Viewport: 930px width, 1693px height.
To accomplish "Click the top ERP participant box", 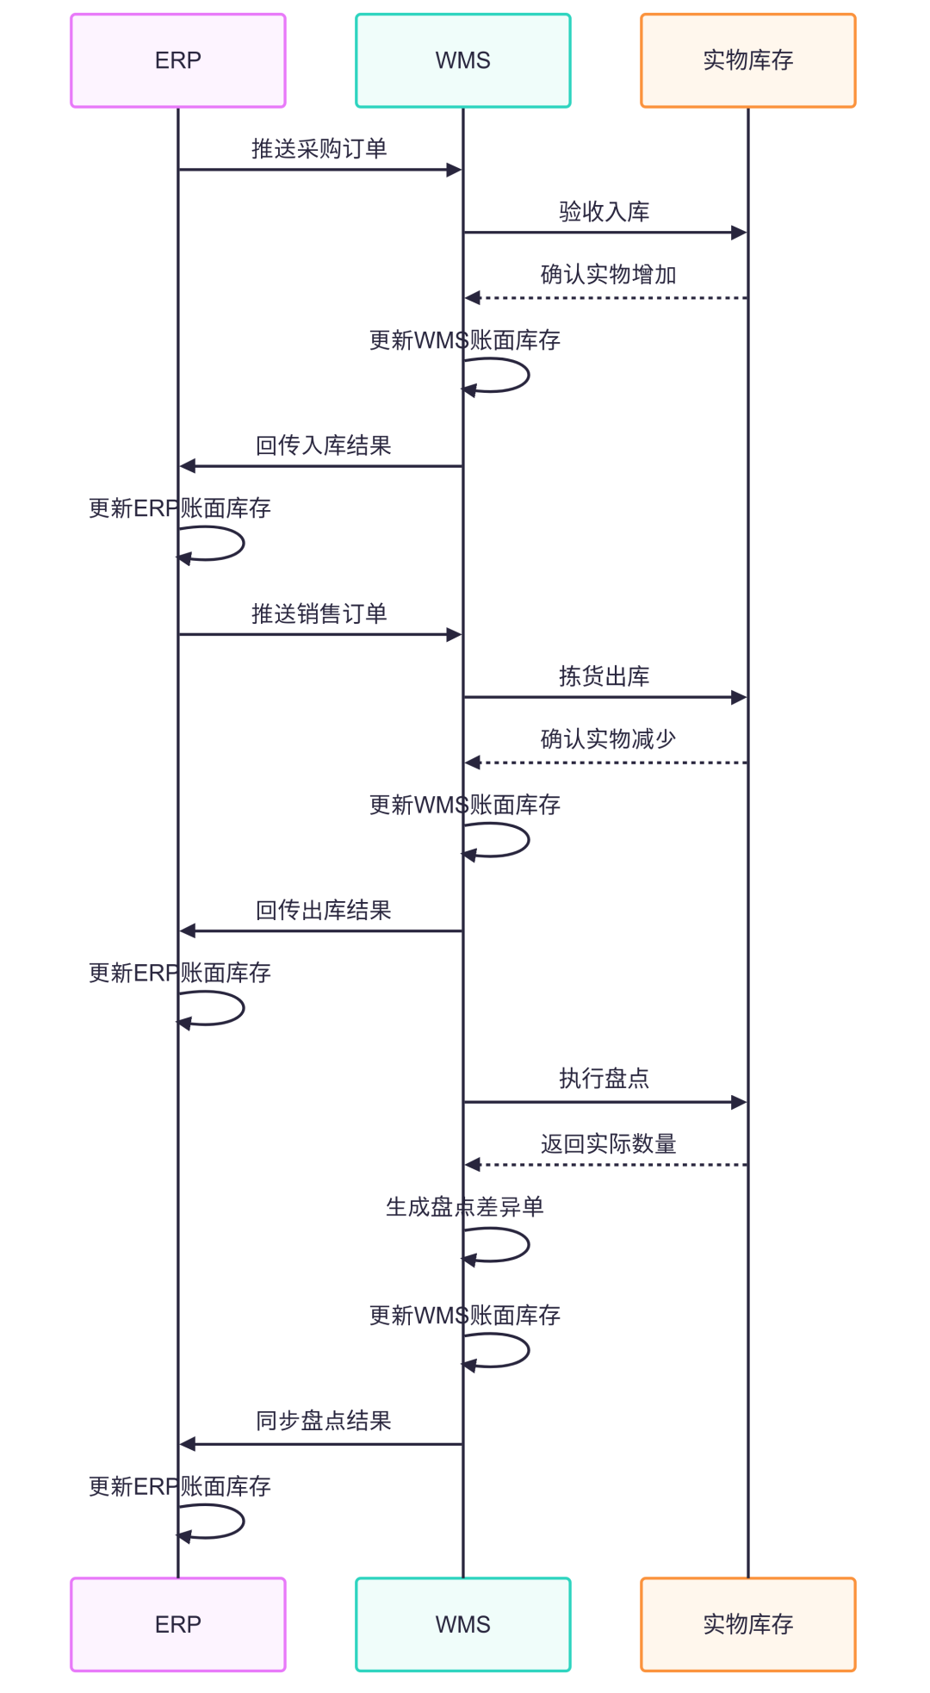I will pos(178,60).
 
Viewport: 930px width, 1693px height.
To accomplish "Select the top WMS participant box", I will pos(463,60).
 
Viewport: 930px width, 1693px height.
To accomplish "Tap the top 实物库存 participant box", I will pos(747,60).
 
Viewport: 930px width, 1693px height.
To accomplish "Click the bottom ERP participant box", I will pos(178,1624).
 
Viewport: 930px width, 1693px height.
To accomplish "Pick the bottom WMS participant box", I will pos(463,1624).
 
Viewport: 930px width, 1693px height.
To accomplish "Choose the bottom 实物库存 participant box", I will pos(747,1624).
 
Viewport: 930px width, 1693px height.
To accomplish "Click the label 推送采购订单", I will pos(319,149).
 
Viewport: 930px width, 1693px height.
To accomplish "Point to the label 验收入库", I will pos(604,212).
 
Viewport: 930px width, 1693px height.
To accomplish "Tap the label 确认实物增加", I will pos(608,275).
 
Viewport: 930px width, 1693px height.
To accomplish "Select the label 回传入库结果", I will pos(324,445).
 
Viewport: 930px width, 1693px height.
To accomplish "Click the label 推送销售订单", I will pos(319,614).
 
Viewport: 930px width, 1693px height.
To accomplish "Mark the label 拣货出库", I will pos(604,676).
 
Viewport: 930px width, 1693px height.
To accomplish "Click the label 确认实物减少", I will pos(608,739).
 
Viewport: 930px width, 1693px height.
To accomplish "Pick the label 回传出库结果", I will pos(324,911).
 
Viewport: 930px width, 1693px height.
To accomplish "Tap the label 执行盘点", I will pos(604,1079).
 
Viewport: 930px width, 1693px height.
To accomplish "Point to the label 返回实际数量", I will pos(608,1144).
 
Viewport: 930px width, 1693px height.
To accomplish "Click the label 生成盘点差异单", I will pos(465,1207).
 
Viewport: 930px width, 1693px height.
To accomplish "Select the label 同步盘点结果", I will pos(324,1421).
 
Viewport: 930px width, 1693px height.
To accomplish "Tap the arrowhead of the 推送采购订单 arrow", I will pos(454,170).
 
